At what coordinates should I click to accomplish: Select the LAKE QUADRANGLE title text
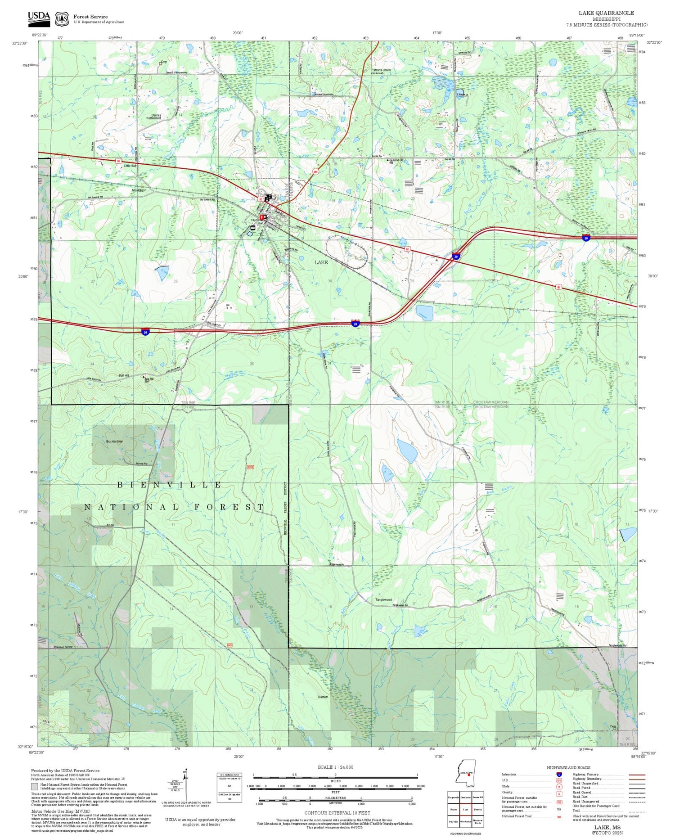point(606,13)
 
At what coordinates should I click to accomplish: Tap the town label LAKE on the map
point(321,262)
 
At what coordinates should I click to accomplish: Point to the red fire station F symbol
point(261,217)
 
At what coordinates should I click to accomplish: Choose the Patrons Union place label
point(381,71)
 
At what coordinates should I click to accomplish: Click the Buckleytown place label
point(115,442)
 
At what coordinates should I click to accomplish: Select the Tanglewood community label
point(383,600)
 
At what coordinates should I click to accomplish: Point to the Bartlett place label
point(323,697)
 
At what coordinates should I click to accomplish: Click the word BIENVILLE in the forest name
point(169,485)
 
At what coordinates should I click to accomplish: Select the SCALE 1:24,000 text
point(335,767)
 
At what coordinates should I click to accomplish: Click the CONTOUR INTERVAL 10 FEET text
point(337,813)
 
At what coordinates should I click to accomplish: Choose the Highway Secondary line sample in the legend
point(636,779)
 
